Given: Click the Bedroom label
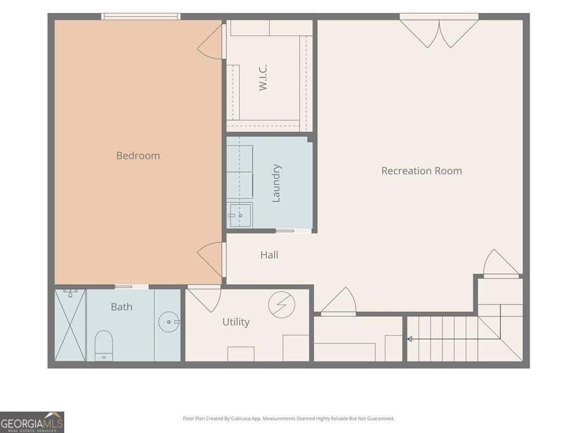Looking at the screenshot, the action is (138, 156).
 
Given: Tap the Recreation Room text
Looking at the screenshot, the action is (421, 171).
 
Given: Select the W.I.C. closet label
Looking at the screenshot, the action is (263, 77).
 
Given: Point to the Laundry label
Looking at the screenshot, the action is (276, 183).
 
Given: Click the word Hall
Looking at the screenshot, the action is (269, 255).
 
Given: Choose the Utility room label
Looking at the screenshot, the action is (236, 322).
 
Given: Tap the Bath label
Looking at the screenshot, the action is (122, 307).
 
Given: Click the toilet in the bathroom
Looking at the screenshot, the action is (104, 346).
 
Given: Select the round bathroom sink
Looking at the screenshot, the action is (169, 322).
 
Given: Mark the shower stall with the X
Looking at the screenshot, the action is (70, 325).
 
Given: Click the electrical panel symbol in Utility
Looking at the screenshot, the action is (282, 305).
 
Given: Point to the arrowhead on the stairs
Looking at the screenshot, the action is (410, 339).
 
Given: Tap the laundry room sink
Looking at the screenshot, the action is (240, 215).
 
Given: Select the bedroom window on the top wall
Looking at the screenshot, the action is (141, 16).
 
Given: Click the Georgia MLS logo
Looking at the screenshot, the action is (32, 422).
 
